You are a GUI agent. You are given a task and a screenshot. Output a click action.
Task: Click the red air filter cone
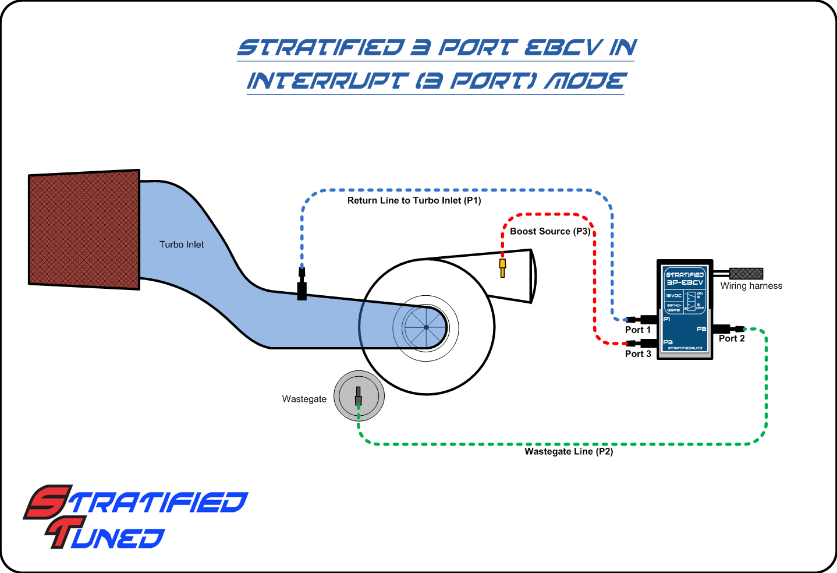[84, 229]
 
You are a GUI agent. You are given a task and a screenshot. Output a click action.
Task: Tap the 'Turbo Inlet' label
[182, 245]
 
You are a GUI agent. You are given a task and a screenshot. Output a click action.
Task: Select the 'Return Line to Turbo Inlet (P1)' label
[414, 200]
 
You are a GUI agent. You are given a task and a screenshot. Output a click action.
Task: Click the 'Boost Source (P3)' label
[549, 231]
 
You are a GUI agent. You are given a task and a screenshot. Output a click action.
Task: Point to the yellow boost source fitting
[502, 267]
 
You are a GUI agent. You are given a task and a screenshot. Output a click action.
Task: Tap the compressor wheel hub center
[426, 327]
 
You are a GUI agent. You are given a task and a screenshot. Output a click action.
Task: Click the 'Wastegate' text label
[304, 399]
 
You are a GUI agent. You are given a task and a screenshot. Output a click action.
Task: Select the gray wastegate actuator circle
[359, 396]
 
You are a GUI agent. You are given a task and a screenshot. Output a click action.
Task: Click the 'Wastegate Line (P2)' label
[569, 451]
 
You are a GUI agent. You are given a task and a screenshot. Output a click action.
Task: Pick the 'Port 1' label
[637, 330]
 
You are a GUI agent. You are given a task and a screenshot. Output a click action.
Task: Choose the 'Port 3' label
[637, 353]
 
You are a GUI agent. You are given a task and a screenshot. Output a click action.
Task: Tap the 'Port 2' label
[732, 338]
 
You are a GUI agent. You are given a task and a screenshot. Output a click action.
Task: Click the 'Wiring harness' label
[751, 286]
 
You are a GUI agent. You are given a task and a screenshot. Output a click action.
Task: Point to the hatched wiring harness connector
[746, 274]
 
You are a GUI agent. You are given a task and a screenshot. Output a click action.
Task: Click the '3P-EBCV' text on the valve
[685, 282]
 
